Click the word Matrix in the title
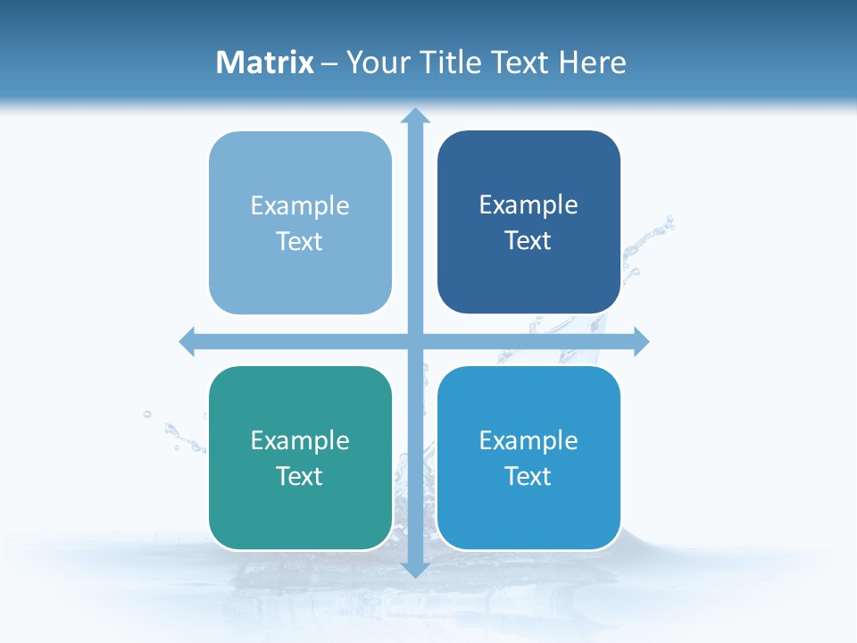[x=265, y=63]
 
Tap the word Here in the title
[x=593, y=63]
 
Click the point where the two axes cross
[x=415, y=341]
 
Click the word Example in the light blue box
[x=300, y=206]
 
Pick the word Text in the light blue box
[x=300, y=241]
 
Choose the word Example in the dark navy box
[x=528, y=205]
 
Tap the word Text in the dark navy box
[x=528, y=240]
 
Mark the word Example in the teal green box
[x=300, y=440]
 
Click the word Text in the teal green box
[x=300, y=476]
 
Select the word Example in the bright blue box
[x=528, y=440]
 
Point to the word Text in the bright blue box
[x=528, y=476]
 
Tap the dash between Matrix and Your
[x=329, y=63]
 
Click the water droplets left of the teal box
[x=173, y=433]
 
